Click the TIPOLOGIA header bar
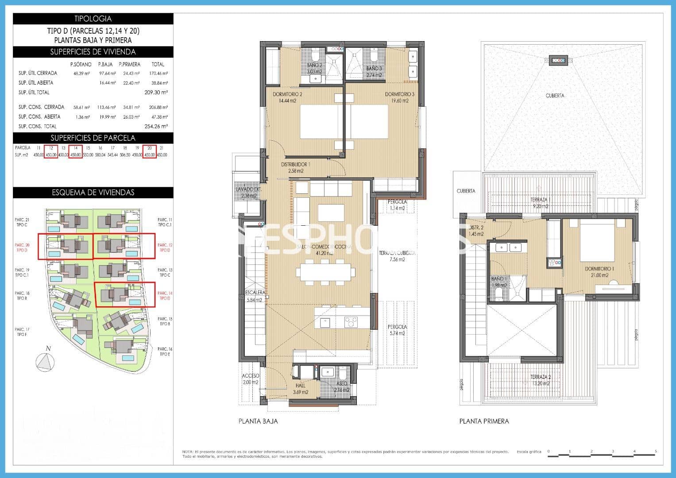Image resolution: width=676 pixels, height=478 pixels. pos(93,19)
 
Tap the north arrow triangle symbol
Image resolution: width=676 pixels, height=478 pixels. pos(45,362)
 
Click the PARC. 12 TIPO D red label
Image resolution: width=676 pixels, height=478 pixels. pos(164,247)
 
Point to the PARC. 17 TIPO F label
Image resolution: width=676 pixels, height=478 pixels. pos(22,332)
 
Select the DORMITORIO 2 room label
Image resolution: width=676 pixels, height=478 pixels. pos(287,97)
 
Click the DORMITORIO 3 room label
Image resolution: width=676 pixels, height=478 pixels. pos(399,97)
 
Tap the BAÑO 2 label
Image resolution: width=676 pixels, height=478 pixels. pos(315,68)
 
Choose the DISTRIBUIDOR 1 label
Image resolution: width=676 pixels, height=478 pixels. pos(295,167)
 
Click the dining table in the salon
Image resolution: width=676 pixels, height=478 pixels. pos(327,272)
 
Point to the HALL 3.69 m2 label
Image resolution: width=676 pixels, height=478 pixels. pos(300,389)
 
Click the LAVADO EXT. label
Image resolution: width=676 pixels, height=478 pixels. pos(249,192)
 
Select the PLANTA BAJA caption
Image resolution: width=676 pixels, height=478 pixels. pos(258,421)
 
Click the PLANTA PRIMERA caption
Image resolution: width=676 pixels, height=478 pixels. pos(484,421)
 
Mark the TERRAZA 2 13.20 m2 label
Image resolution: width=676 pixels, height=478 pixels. pos(541,380)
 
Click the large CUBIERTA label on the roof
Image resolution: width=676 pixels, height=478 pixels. pos(555,96)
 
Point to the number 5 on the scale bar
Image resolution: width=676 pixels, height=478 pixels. pos(656,451)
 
